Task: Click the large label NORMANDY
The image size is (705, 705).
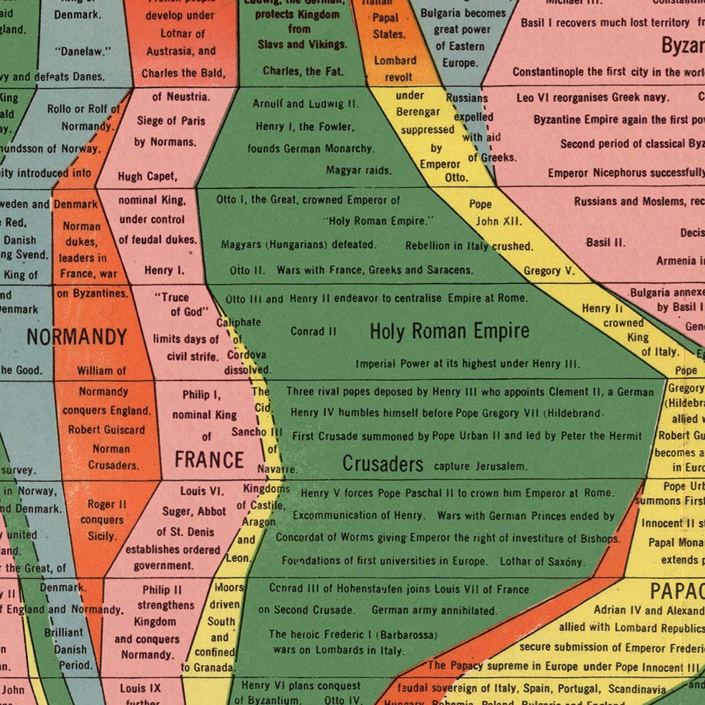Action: coord(77,337)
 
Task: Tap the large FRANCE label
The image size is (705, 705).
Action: coord(208,460)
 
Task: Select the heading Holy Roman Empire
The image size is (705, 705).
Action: coord(449,331)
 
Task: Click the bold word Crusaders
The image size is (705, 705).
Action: coord(382,464)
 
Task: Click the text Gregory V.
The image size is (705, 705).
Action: coord(549,270)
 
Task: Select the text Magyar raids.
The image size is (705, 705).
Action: coord(358,170)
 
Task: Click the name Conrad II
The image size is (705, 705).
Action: coord(313,331)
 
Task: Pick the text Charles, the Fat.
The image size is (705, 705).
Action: coord(304,70)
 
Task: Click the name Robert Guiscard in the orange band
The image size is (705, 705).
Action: coord(106,430)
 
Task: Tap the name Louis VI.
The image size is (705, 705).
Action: coord(201,491)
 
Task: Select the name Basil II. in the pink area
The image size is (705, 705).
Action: coord(605,242)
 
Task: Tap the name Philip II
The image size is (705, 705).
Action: coord(161,589)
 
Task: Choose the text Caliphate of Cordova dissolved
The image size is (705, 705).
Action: coord(244,346)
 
